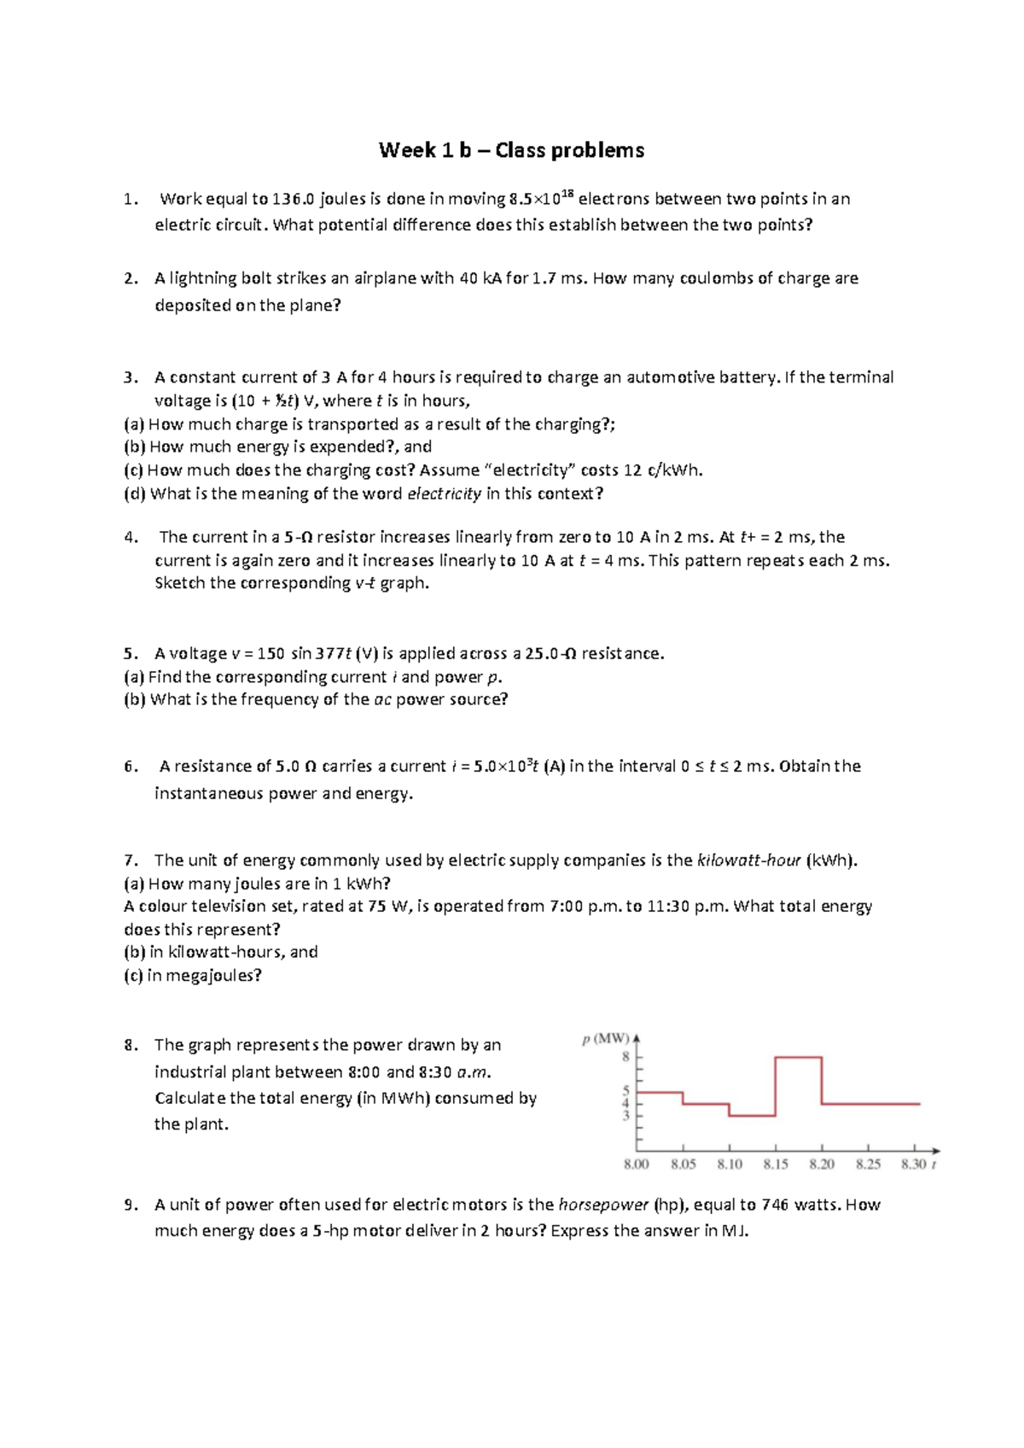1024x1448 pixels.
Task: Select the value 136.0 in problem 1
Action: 294,200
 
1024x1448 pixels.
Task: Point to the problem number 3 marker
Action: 130,377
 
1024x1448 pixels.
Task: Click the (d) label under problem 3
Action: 135,493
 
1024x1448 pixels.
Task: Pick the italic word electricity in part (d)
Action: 444,493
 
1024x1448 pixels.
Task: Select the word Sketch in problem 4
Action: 180,583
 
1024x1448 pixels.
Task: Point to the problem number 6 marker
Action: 130,767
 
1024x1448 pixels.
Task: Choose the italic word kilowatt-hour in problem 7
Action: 748,861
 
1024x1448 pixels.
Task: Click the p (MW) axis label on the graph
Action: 605,1039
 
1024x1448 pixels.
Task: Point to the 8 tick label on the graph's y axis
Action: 625,1057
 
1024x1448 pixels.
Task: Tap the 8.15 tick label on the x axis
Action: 776,1165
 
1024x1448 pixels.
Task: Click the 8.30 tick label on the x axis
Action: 913,1165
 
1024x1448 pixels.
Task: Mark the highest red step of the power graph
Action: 799,1058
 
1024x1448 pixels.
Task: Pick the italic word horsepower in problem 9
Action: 603,1206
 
